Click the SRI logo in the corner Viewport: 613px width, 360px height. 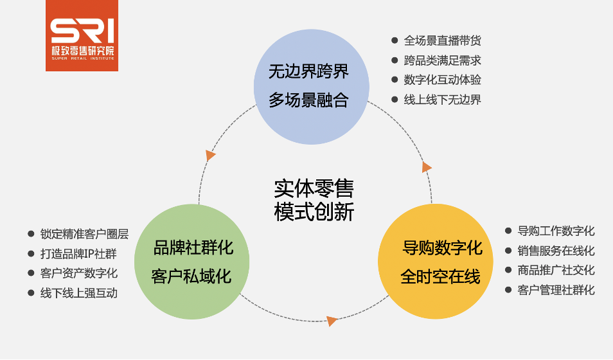click(x=82, y=35)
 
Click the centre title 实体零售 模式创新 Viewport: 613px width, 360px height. click(x=314, y=200)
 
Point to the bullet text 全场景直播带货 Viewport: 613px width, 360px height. click(x=442, y=40)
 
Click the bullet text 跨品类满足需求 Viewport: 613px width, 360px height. click(x=442, y=60)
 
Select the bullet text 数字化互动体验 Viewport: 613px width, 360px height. click(x=442, y=80)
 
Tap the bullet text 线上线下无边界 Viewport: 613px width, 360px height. click(x=442, y=100)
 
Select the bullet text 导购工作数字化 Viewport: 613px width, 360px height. click(x=556, y=231)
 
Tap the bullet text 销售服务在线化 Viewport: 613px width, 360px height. click(x=556, y=251)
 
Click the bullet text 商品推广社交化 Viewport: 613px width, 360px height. click(x=556, y=270)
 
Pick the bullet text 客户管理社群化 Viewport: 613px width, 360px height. click(x=556, y=290)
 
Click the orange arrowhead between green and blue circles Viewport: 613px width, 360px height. click(x=210, y=155)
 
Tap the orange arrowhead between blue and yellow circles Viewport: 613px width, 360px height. click(x=427, y=167)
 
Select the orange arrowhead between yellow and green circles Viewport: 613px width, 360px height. click(x=332, y=321)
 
